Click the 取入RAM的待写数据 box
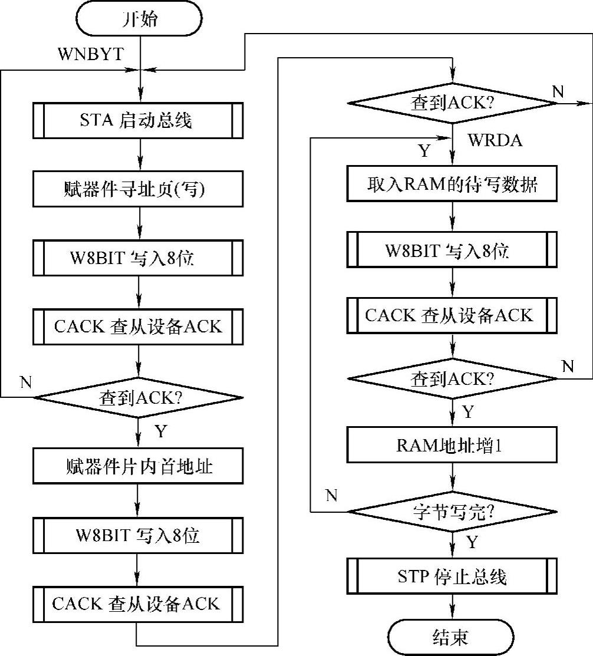pos(452,184)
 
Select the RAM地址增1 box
pos(452,444)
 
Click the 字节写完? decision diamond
pos(452,511)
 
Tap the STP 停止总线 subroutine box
pos(452,576)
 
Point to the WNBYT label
pos(90,55)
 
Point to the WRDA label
pos(495,141)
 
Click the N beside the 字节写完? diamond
pos(331,495)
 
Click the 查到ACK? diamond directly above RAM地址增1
pos(452,379)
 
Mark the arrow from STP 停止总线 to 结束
pos(452,607)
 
